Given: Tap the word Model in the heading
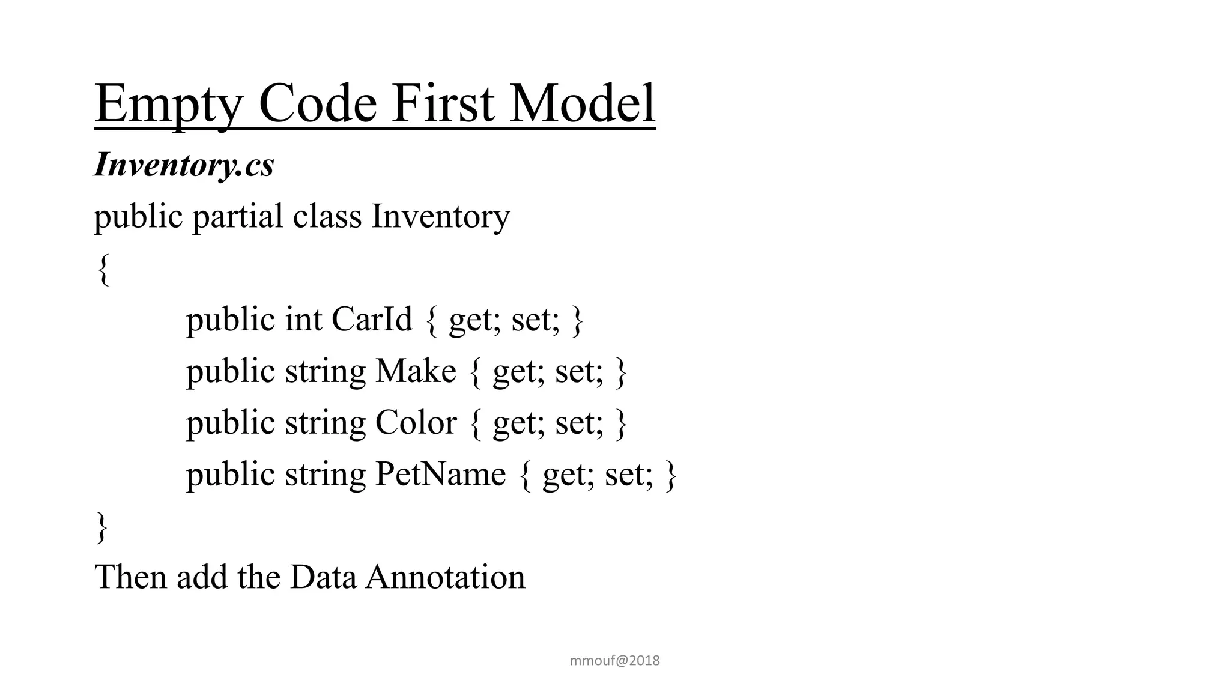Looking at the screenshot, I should click(x=582, y=103).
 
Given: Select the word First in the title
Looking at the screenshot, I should click(x=444, y=103).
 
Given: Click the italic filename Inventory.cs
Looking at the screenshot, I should click(x=184, y=165).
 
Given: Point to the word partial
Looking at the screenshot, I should click(x=237, y=217).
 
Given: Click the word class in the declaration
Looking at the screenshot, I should click(x=327, y=216).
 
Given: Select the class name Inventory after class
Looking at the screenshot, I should click(x=441, y=217).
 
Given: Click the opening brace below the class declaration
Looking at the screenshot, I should click(x=103, y=269).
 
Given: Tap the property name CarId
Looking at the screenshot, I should click(x=372, y=319).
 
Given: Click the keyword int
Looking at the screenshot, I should click(x=303, y=319).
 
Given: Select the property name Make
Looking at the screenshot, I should click(x=416, y=371).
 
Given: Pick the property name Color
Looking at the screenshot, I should click(x=416, y=422).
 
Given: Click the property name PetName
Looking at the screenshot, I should click(x=440, y=474).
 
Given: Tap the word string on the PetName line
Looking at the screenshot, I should click(x=325, y=475).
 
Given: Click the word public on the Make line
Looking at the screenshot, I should click(x=230, y=371).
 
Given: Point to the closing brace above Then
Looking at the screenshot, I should click(x=103, y=527).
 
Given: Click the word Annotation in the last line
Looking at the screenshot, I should click(x=445, y=577).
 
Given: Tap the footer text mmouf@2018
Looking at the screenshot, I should click(x=614, y=661).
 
